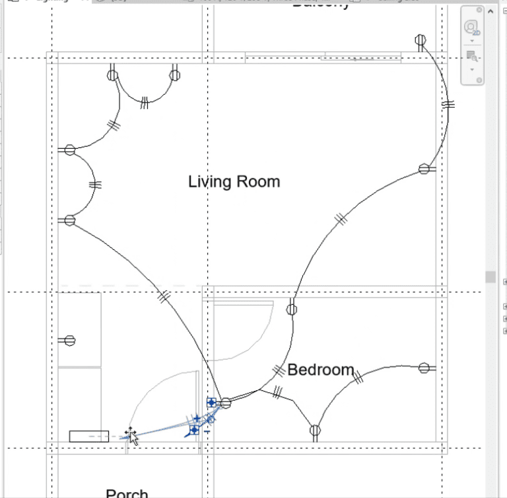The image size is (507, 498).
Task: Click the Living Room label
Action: [234, 181]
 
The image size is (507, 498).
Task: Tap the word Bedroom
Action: [321, 370]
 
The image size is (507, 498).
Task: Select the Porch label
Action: [127, 493]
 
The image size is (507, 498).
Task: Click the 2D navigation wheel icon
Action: [471, 28]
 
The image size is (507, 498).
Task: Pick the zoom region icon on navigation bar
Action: [471, 56]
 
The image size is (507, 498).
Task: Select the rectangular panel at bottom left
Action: [89, 436]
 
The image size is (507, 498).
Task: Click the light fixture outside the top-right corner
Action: [421, 41]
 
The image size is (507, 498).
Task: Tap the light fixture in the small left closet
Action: [69, 341]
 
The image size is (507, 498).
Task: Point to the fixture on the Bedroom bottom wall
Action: [315, 431]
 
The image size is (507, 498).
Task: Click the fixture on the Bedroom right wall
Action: [424, 368]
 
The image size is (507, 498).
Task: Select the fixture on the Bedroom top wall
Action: [292, 308]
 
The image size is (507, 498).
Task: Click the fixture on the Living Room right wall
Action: [424, 169]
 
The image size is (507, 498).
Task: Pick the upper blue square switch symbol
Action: [211, 402]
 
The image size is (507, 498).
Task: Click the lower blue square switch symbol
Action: [194, 430]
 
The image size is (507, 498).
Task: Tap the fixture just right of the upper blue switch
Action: [226, 403]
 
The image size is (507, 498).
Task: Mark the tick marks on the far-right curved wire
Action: [449, 104]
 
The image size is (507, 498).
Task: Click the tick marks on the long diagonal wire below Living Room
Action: [163, 297]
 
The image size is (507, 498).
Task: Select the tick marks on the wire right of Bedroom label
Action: [358, 378]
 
